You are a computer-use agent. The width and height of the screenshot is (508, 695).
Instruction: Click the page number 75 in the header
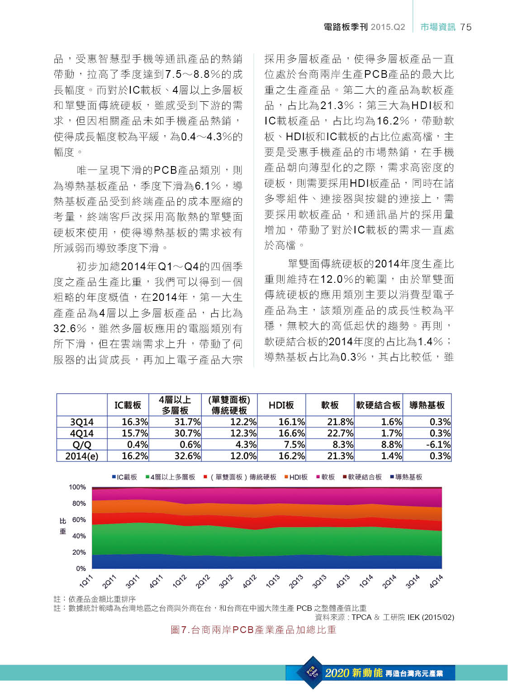(466, 27)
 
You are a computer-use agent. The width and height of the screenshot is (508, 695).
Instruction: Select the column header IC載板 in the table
(128, 405)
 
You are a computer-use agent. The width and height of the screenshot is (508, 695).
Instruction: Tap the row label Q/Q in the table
(82, 445)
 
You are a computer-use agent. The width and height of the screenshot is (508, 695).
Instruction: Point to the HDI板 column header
(281, 405)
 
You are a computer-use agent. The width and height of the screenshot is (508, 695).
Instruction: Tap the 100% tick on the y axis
(77, 487)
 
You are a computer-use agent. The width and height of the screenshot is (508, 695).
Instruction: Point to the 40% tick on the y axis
(79, 536)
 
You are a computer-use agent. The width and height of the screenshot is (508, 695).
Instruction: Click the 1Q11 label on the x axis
(86, 581)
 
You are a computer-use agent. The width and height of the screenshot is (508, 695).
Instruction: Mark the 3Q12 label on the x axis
(226, 581)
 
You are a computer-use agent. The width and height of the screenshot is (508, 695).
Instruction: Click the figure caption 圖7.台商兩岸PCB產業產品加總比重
(253, 630)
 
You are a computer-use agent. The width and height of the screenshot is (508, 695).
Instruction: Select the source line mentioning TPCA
(385, 617)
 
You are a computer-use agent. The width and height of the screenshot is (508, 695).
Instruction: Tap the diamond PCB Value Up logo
(313, 672)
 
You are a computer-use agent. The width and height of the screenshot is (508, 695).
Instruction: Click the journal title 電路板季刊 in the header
(346, 27)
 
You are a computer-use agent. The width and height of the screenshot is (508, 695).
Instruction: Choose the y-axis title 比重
(63, 526)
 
